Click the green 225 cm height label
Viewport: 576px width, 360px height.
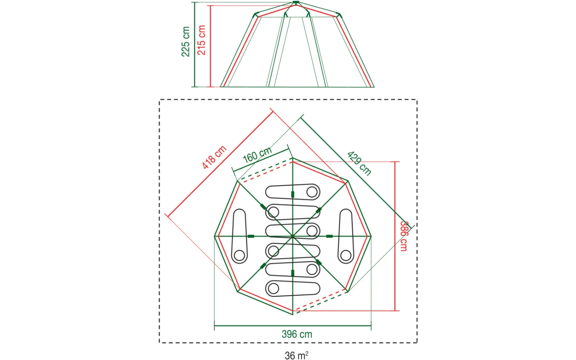(x=185, y=41)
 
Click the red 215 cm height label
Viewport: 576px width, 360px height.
(x=201, y=40)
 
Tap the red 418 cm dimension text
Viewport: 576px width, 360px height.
(x=214, y=157)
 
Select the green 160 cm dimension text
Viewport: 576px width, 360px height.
(x=257, y=155)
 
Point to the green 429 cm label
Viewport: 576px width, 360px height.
(x=359, y=163)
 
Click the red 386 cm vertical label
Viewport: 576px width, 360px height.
(x=404, y=236)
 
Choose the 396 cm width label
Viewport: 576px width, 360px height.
(x=297, y=334)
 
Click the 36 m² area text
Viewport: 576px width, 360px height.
(x=296, y=356)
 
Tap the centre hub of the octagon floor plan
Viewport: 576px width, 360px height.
(x=293, y=236)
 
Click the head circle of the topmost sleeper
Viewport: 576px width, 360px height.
(x=312, y=192)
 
